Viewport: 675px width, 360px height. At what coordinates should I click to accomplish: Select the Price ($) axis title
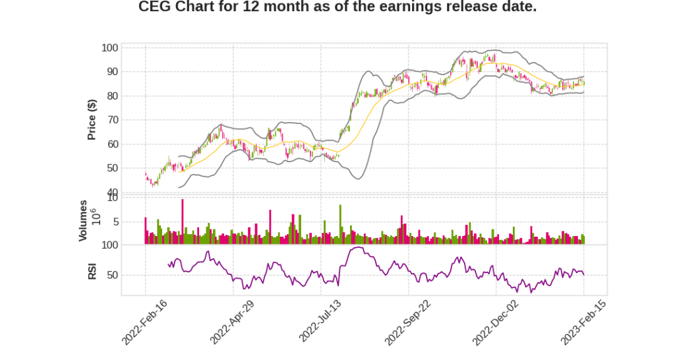(92, 119)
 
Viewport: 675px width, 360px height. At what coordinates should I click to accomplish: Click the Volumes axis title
(83, 220)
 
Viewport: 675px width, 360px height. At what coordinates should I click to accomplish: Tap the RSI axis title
(92, 271)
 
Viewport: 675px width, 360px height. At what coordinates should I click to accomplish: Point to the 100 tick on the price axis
(109, 47)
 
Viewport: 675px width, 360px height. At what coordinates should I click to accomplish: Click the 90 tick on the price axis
(112, 72)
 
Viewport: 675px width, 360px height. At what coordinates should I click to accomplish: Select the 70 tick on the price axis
(112, 120)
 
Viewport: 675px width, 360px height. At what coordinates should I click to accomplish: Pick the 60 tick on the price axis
(112, 144)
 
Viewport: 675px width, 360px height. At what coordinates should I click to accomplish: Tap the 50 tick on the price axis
(112, 168)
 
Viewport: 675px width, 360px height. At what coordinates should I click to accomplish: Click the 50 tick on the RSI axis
(112, 275)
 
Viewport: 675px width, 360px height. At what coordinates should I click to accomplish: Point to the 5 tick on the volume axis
(115, 222)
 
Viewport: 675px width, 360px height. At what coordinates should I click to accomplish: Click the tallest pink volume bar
(183, 222)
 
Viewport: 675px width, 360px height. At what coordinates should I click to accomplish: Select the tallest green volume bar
(340, 224)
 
